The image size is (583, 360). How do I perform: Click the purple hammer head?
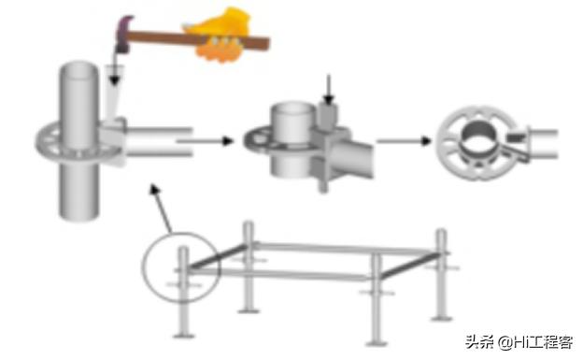click(123, 35)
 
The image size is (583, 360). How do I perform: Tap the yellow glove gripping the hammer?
click(219, 35)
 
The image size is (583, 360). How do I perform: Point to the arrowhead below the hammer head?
click(115, 79)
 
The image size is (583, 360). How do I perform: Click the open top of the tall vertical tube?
click(78, 71)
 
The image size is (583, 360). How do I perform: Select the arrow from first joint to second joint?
click(206, 141)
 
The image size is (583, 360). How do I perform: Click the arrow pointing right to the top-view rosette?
click(404, 140)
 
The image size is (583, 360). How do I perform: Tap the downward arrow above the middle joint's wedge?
click(328, 90)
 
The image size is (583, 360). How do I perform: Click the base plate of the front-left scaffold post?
click(184, 337)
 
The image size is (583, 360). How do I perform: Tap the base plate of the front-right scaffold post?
click(377, 343)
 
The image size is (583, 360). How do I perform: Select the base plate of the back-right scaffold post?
click(442, 318)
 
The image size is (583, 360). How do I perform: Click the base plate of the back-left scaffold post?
click(249, 310)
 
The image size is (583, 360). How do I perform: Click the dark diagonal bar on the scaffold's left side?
click(218, 256)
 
